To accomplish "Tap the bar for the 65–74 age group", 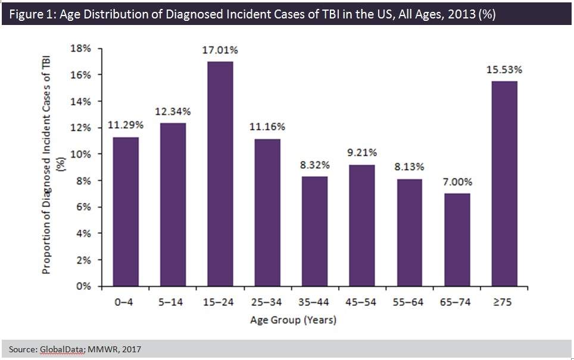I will coord(456,240).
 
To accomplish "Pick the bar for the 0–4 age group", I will coord(125,212).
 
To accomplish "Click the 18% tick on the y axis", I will coord(82,49).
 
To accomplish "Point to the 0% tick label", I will coord(85,286).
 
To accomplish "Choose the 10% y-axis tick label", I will coord(82,154).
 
